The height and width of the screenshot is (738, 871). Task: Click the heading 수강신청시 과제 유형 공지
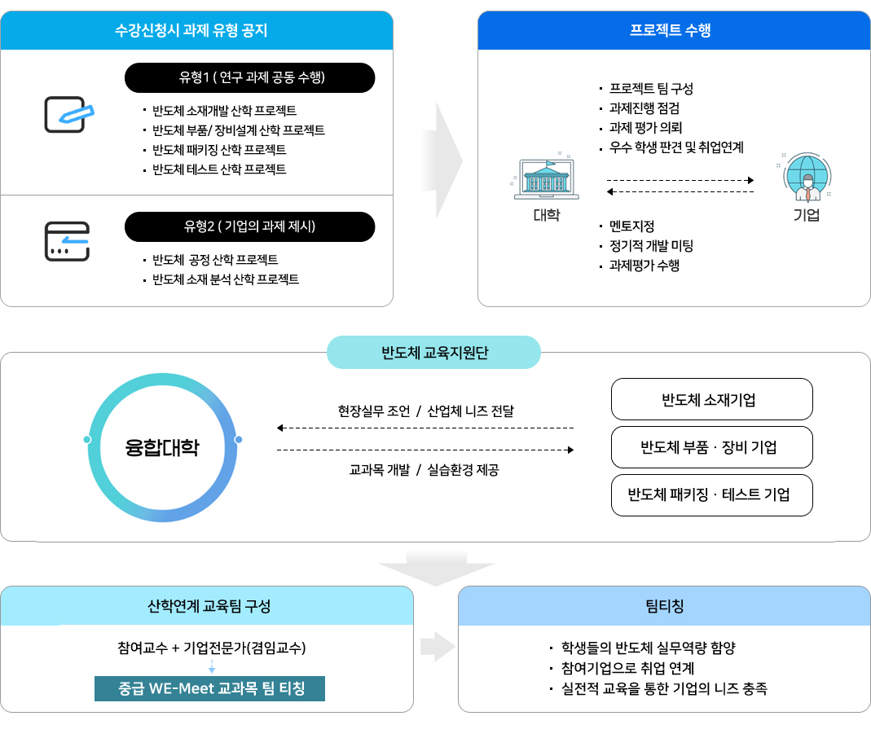tap(191, 30)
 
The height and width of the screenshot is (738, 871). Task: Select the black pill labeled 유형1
tap(249, 77)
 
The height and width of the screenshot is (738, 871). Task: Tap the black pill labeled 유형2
tap(249, 226)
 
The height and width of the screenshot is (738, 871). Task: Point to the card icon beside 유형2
tap(67, 241)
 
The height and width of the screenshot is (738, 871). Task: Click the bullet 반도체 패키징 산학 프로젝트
tap(219, 150)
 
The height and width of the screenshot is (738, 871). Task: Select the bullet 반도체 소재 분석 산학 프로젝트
tap(226, 279)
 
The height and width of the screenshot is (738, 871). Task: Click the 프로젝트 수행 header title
tap(670, 30)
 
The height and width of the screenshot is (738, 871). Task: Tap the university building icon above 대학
tap(546, 178)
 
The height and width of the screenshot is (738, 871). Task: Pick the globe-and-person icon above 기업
tap(807, 177)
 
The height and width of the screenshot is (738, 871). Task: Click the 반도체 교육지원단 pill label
tap(433, 352)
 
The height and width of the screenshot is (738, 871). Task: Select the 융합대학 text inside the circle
tap(162, 447)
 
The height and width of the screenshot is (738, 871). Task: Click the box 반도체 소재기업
tap(711, 399)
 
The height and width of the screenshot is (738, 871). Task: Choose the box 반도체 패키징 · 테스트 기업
tap(711, 494)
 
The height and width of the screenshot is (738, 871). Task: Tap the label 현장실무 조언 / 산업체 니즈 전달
tap(426, 411)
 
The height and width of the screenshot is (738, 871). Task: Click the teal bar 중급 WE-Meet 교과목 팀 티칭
tap(209, 688)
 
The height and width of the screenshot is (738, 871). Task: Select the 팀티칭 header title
tap(664, 606)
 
